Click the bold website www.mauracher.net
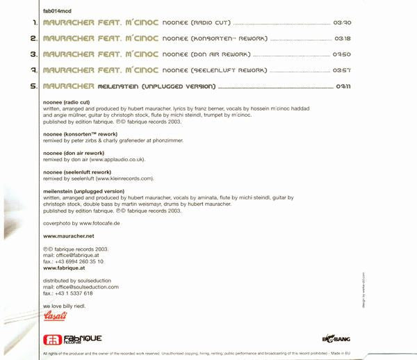68,236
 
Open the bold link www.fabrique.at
65,267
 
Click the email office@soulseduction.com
87,286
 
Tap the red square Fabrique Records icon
51,338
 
